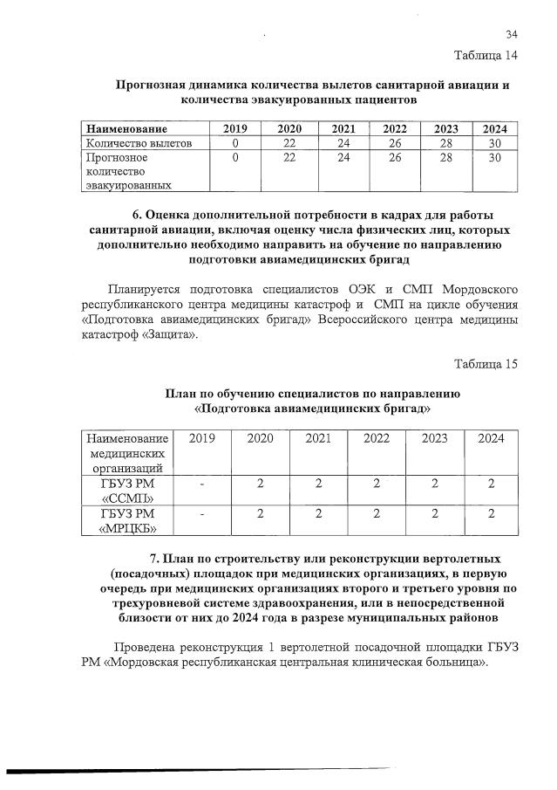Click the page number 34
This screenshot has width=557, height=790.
point(512,35)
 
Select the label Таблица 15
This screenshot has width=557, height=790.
point(486,364)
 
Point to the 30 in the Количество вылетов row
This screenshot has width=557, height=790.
point(494,142)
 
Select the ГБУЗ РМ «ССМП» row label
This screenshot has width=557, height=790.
point(127,491)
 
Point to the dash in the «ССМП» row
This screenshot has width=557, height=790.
point(202,484)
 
